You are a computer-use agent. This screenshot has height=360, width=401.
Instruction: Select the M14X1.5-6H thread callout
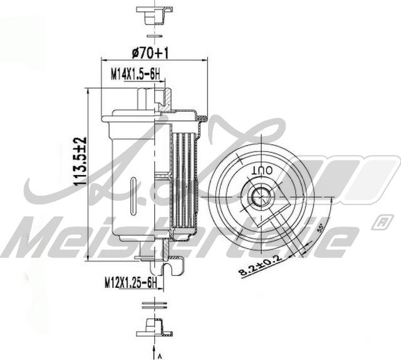[x=136, y=75]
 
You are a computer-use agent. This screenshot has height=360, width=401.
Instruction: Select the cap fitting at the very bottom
[x=152, y=326]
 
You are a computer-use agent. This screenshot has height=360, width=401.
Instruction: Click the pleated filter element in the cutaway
[x=185, y=182]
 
